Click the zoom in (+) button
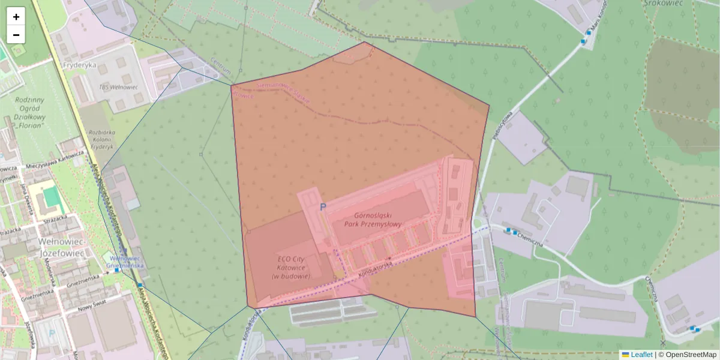tap(16, 17)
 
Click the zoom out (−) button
tap(16, 35)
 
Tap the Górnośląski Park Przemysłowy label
tap(373, 219)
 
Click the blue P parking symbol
tap(323, 207)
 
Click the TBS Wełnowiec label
tap(118, 87)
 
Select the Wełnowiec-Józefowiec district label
tap(43, 247)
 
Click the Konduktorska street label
tap(376, 268)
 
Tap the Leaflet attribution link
tap(641, 355)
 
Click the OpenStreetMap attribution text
tap(691, 355)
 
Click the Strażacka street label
tap(11, 229)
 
